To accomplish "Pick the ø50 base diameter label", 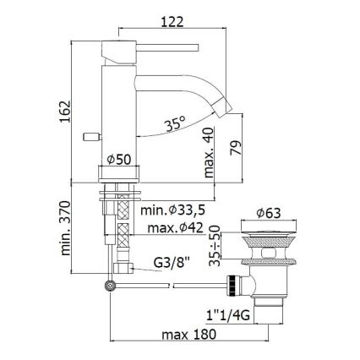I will click(118, 158).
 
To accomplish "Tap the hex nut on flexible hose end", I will click(127, 270).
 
